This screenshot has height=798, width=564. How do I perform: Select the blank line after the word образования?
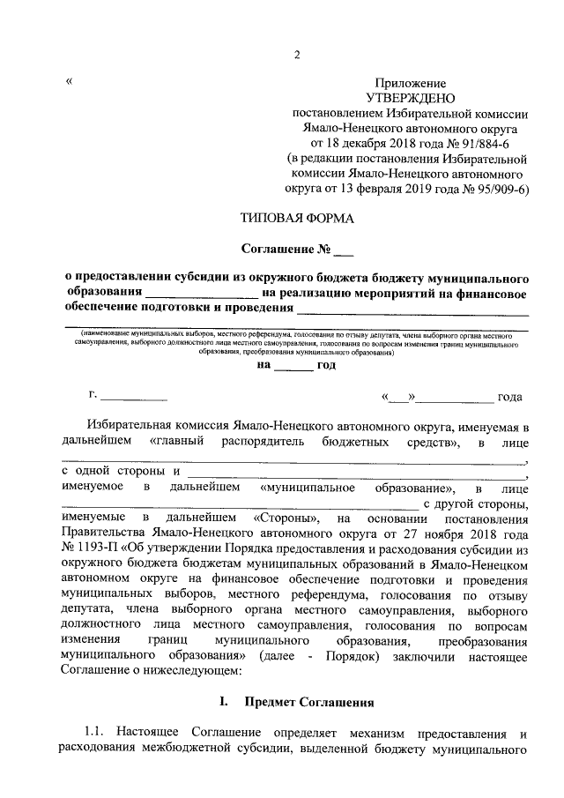click(201, 292)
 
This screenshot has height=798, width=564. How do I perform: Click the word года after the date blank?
click(510, 398)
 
